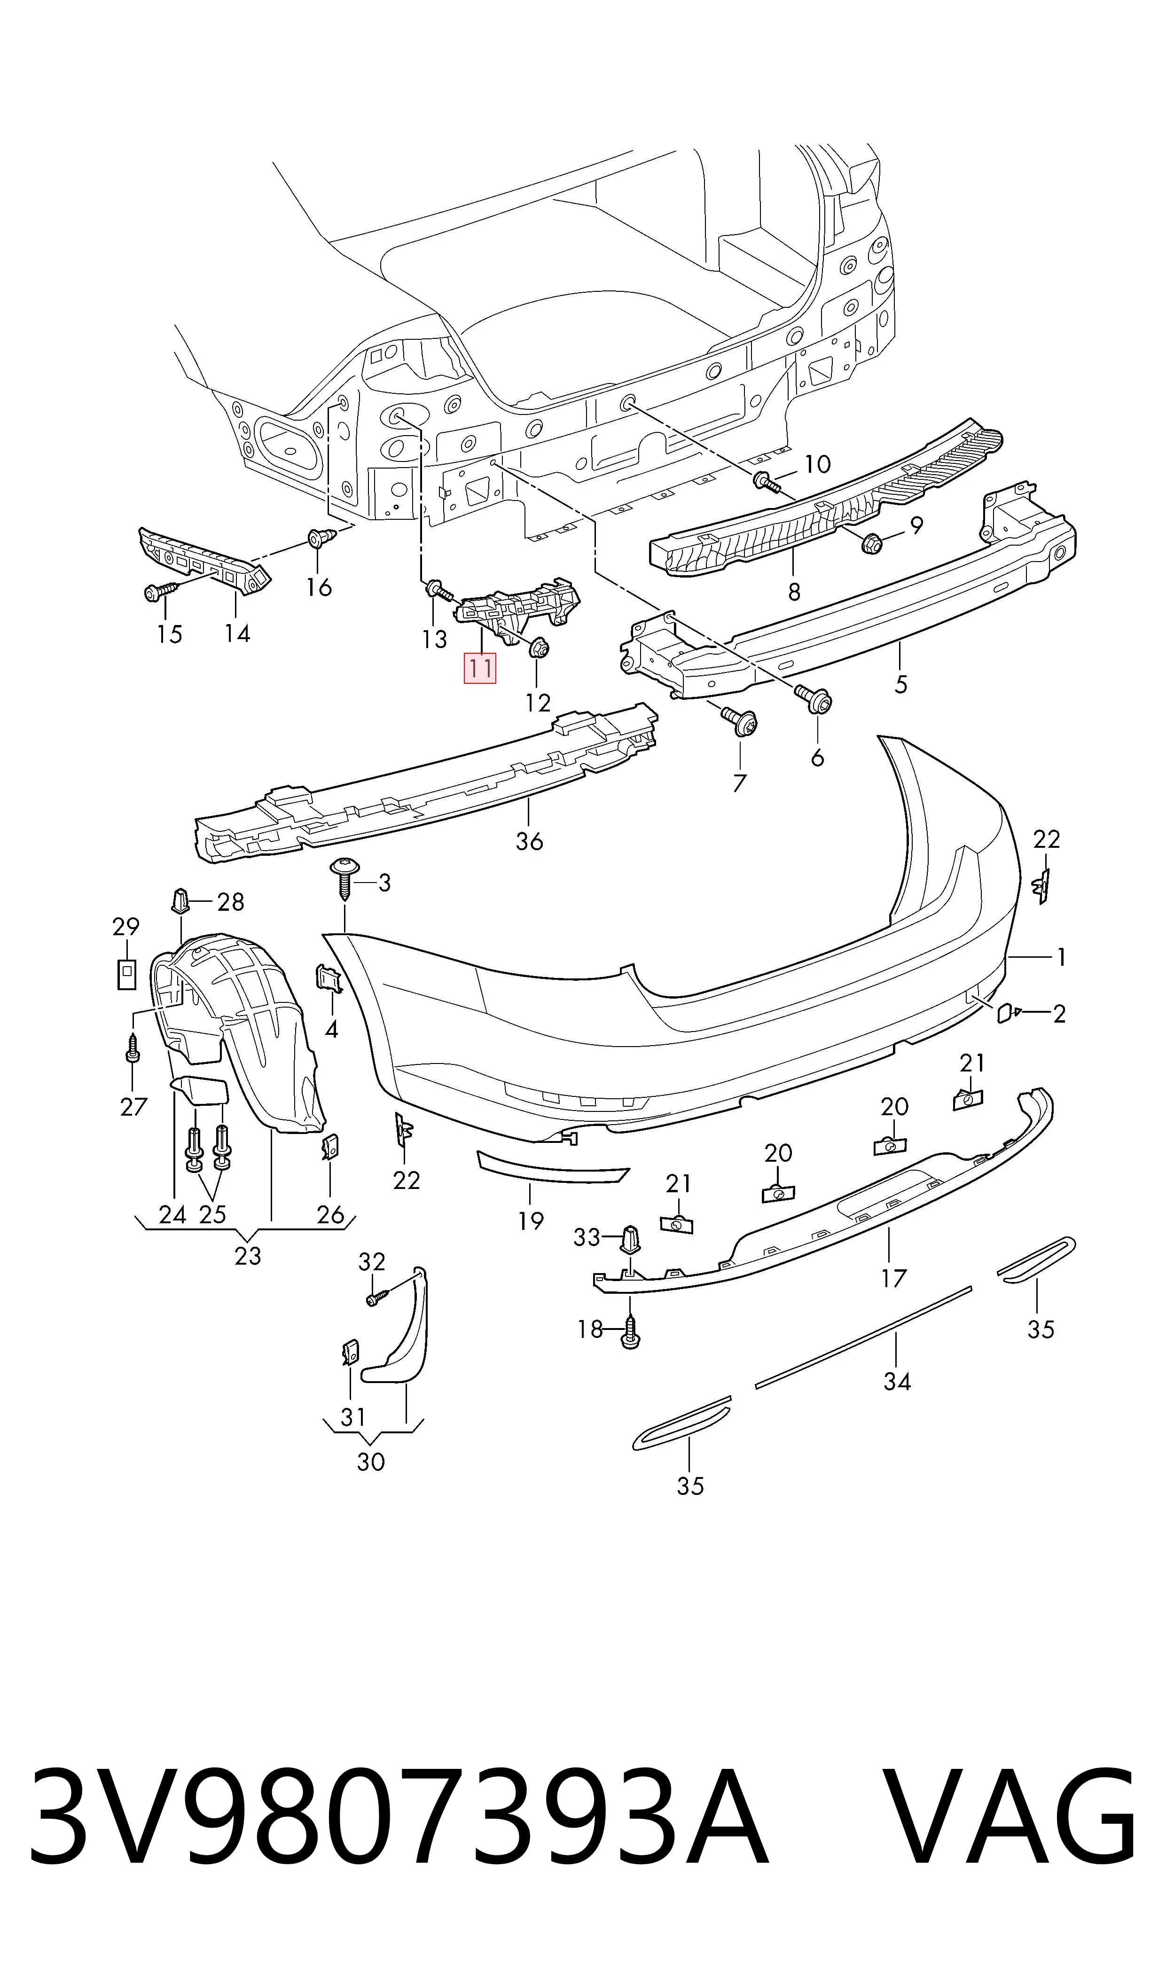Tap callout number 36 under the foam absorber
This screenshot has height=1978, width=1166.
click(x=530, y=841)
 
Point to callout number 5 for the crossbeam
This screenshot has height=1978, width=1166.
click(x=901, y=683)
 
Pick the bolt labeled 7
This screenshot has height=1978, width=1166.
click(x=739, y=721)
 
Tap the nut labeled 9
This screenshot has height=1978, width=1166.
click(x=871, y=541)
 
